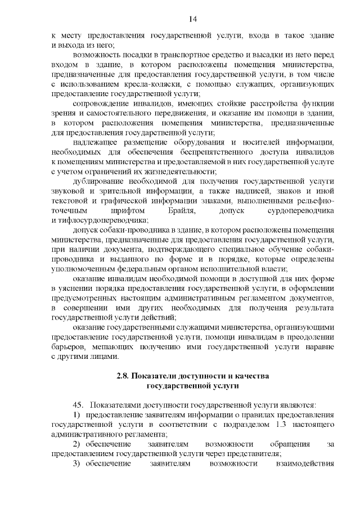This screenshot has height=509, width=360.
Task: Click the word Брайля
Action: point(182,210)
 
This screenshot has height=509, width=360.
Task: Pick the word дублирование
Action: point(100,182)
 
